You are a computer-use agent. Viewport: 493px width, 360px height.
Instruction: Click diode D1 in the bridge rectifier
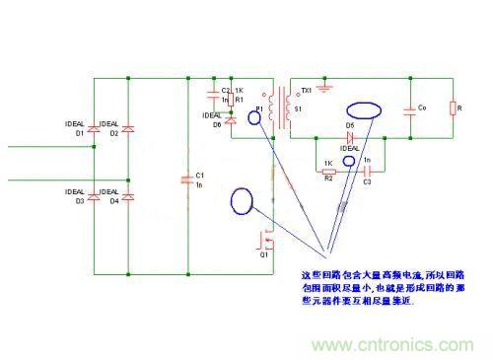click(x=95, y=128)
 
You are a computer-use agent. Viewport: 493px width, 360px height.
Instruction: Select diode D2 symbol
click(x=129, y=128)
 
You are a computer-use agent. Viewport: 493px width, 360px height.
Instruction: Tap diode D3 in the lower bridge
click(x=95, y=198)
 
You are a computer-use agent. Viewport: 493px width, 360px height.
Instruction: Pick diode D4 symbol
click(x=129, y=198)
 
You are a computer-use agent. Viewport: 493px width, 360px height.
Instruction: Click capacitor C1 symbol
click(x=186, y=180)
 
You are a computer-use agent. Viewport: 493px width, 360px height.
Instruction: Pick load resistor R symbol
click(x=452, y=108)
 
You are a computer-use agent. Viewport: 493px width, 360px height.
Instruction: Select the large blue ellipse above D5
click(x=365, y=106)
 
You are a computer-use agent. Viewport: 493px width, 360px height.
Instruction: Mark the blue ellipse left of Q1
click(x=242, y=201)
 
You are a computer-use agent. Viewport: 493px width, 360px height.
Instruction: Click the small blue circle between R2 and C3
click(x=348, y=161)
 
